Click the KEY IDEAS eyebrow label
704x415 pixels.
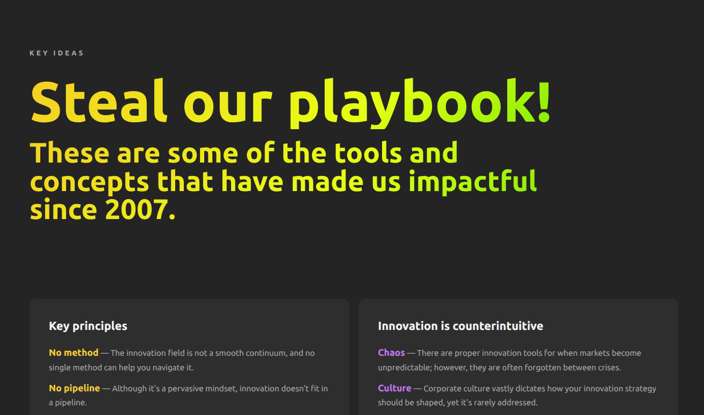pos(56,53)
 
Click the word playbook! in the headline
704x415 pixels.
pos(420,103)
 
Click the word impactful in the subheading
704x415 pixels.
pos(473,182)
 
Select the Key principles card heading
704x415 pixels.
pos(88,326)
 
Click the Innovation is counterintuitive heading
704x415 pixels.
pos(461,326)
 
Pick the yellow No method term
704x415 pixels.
pos(74,353)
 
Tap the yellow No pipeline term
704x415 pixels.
pos(75,388)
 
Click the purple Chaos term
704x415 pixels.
pos(391,353)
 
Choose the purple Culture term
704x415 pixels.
pos(394,388)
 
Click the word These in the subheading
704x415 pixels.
pos(69,153)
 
